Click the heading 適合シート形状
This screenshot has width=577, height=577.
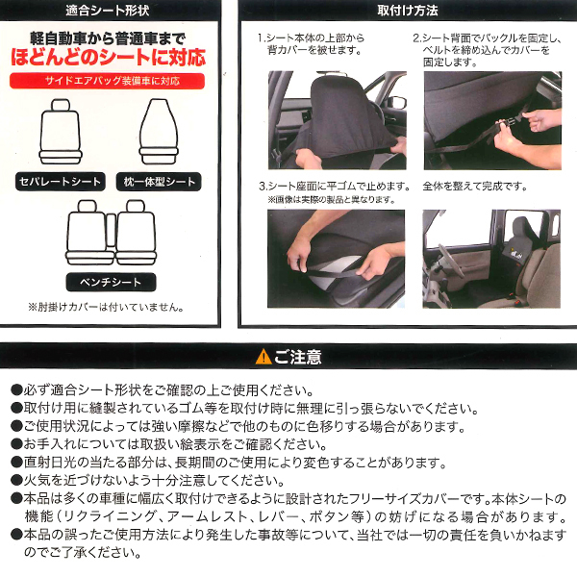(x=108, y=11)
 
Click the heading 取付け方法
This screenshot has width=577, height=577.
(x=408, y=11)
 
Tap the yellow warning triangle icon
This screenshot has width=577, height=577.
(x=263, y=357)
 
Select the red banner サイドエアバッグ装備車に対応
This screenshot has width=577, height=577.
(x=107, y=81)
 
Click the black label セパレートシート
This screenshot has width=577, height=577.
(x=61, y=182)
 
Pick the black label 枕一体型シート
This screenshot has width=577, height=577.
(x=159, y=182)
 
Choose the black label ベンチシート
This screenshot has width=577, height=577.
(x=112, y=282)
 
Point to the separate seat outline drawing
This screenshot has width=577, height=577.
(x=60, y=132)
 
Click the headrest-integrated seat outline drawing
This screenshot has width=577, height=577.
(x=159, y=132)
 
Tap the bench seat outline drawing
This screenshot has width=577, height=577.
(x=112, y=233)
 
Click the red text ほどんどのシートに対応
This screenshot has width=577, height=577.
(x=108, y=58)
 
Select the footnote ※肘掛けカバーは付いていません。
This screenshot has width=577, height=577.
(x=106, y=307)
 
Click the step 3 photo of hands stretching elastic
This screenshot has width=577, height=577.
(x=336, y=259)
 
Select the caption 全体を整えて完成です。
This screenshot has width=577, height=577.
(x=475, y=187)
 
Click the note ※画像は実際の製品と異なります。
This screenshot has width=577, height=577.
(x=331, y=200)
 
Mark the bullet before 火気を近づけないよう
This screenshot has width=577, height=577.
(x=16, y=480)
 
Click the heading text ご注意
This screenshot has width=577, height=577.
(x=298, y=357)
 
